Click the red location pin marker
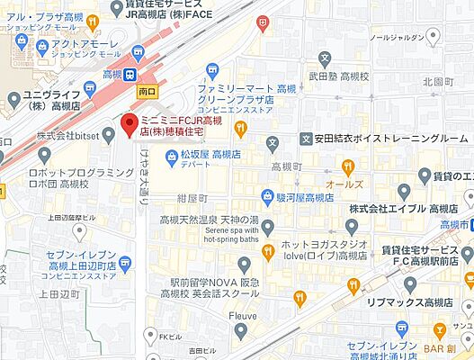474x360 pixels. click(x=130, y=123)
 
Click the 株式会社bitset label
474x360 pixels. click(x=68, y=135)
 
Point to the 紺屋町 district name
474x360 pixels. click(x=192, y=197)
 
